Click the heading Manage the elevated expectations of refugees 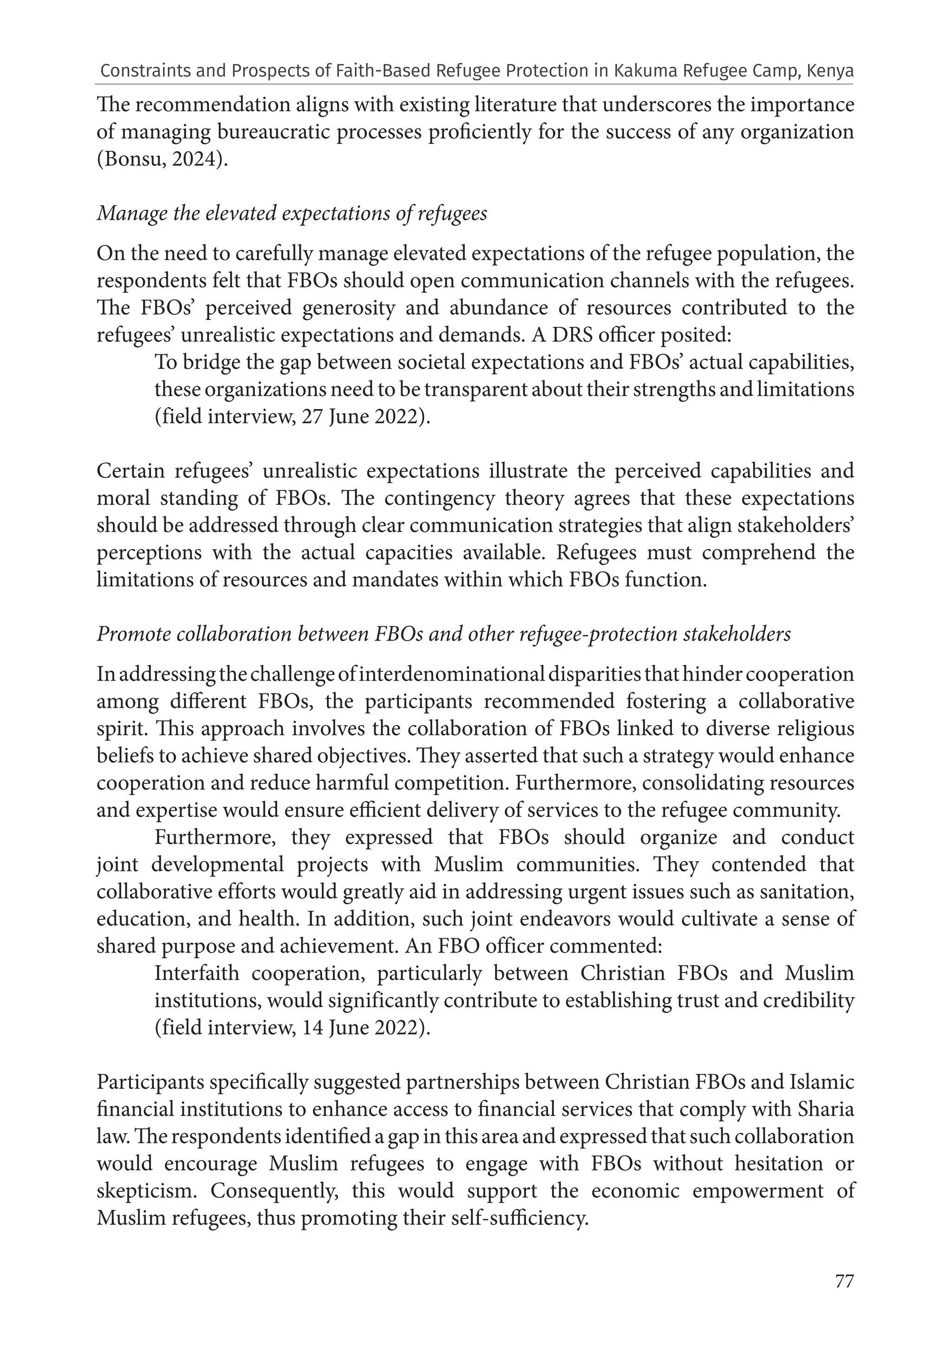pyautogui.click(x=292, y=213)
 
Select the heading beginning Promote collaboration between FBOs pyautogui.click(x=444, y=634)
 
